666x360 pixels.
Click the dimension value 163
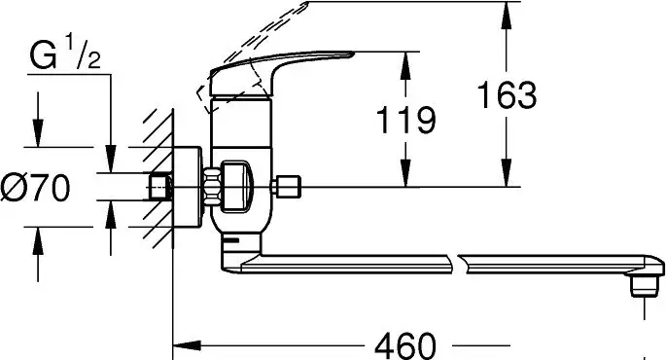[x=507, y=94]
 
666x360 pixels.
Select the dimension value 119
[x=406, y=120]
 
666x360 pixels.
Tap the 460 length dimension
[x=405, y=345]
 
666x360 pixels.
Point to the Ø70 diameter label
[x=35, y=188]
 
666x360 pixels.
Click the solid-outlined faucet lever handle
[x=272, y=71]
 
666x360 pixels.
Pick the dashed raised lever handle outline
[x=251, y=55]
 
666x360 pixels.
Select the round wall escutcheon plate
[x=188, y=188]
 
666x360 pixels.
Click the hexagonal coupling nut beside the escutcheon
[x=212, y=188]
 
